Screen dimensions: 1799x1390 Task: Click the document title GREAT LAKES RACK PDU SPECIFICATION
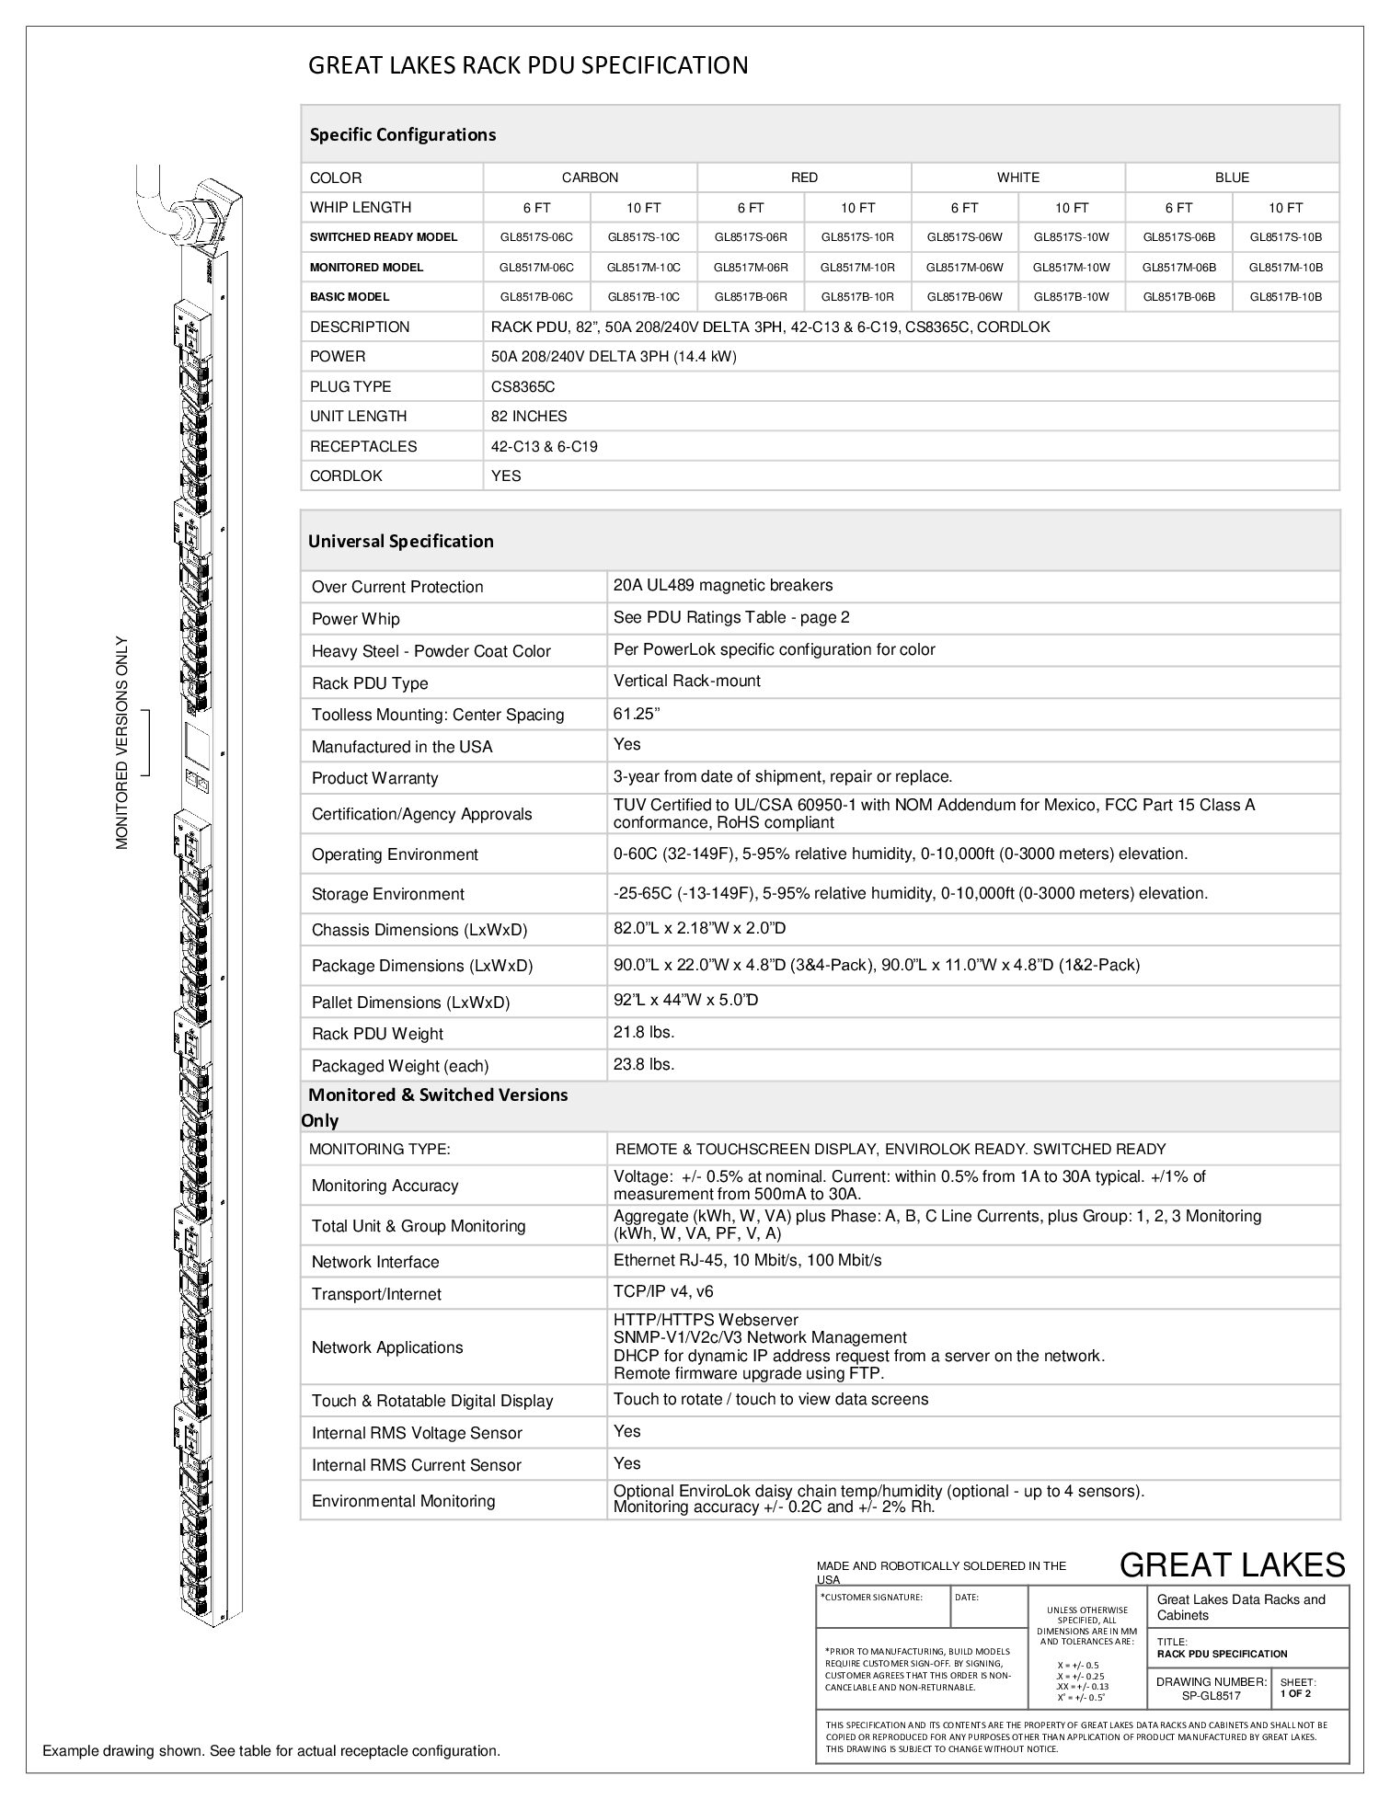[527, 65]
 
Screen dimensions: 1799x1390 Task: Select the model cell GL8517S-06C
[536, 237]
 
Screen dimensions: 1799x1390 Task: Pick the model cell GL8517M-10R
[857, 268]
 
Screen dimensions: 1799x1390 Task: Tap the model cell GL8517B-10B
[1285, 297]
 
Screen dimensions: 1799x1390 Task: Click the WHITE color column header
[1017, 178]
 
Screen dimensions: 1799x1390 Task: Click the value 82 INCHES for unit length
[529, 417]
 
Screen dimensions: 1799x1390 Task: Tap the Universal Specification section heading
[400, 542]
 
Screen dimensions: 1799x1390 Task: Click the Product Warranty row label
[374, 778]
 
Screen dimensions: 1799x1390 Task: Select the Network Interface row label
[375, 1262]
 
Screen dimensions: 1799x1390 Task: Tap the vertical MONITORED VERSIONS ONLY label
[122, 742]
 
